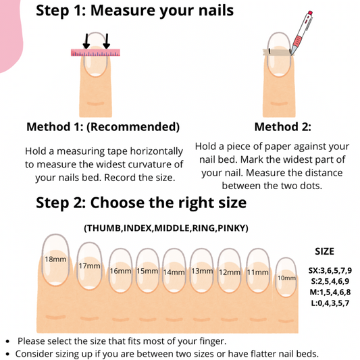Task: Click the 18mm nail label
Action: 55,259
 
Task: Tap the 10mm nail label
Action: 286,278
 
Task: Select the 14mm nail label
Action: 174,272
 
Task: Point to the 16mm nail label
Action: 120,271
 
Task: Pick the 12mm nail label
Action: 230,272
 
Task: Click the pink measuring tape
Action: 95,53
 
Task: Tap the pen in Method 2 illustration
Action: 301,33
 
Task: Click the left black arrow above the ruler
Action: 86,41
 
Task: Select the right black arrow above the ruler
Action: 107,41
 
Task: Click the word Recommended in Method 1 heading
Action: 133,127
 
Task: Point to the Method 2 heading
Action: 283,127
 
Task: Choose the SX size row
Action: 330,271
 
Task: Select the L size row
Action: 330,303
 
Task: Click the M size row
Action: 330,292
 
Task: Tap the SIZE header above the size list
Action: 324,252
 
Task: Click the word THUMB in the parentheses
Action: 104,228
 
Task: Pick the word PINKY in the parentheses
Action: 232,228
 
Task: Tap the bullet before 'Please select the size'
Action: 7,341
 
